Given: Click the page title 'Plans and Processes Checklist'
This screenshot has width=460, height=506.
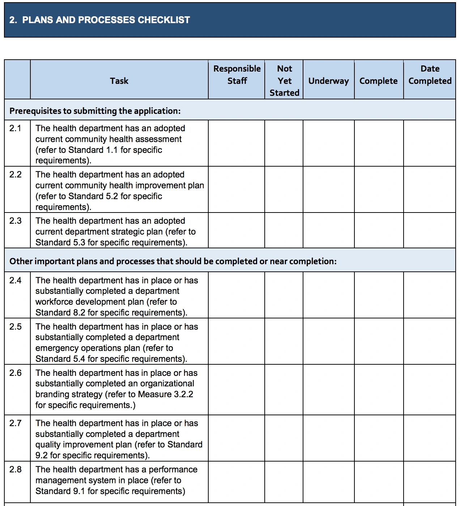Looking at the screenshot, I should click(x=99, y=20).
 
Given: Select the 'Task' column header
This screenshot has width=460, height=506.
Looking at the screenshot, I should click(x=119, y=81).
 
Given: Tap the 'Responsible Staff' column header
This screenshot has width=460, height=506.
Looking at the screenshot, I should click(x=237, y=75).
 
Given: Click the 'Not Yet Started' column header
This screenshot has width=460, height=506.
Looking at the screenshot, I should click(x=284, y=81).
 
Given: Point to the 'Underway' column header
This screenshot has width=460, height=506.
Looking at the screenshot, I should click(x=328, y=81).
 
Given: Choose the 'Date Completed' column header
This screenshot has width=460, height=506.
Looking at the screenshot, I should click(x=430, y=75).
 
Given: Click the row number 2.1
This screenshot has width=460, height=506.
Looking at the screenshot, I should click(x=16, y=128).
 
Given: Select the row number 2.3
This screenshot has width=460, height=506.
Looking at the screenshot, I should click(x=16, y=221).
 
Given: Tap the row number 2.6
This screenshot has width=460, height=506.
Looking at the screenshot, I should click(x=16, y=373).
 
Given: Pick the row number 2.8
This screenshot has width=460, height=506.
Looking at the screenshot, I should click(x=16, y=469).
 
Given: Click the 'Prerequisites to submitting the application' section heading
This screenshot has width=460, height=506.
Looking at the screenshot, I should click(x=95, y=111).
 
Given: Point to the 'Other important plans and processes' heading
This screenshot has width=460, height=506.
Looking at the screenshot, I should click(x=173, y=261).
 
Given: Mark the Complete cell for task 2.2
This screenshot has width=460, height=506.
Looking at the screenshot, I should click(x=379, y=189).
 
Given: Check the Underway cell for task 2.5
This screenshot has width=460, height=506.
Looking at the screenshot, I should click(x=328, y=341).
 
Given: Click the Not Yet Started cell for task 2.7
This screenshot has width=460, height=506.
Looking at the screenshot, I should click(x=284, y=438).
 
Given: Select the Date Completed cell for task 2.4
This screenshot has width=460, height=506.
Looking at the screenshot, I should click(x=430, y=295).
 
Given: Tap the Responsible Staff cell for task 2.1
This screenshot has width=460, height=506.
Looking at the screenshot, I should click(x=237, y=143).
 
